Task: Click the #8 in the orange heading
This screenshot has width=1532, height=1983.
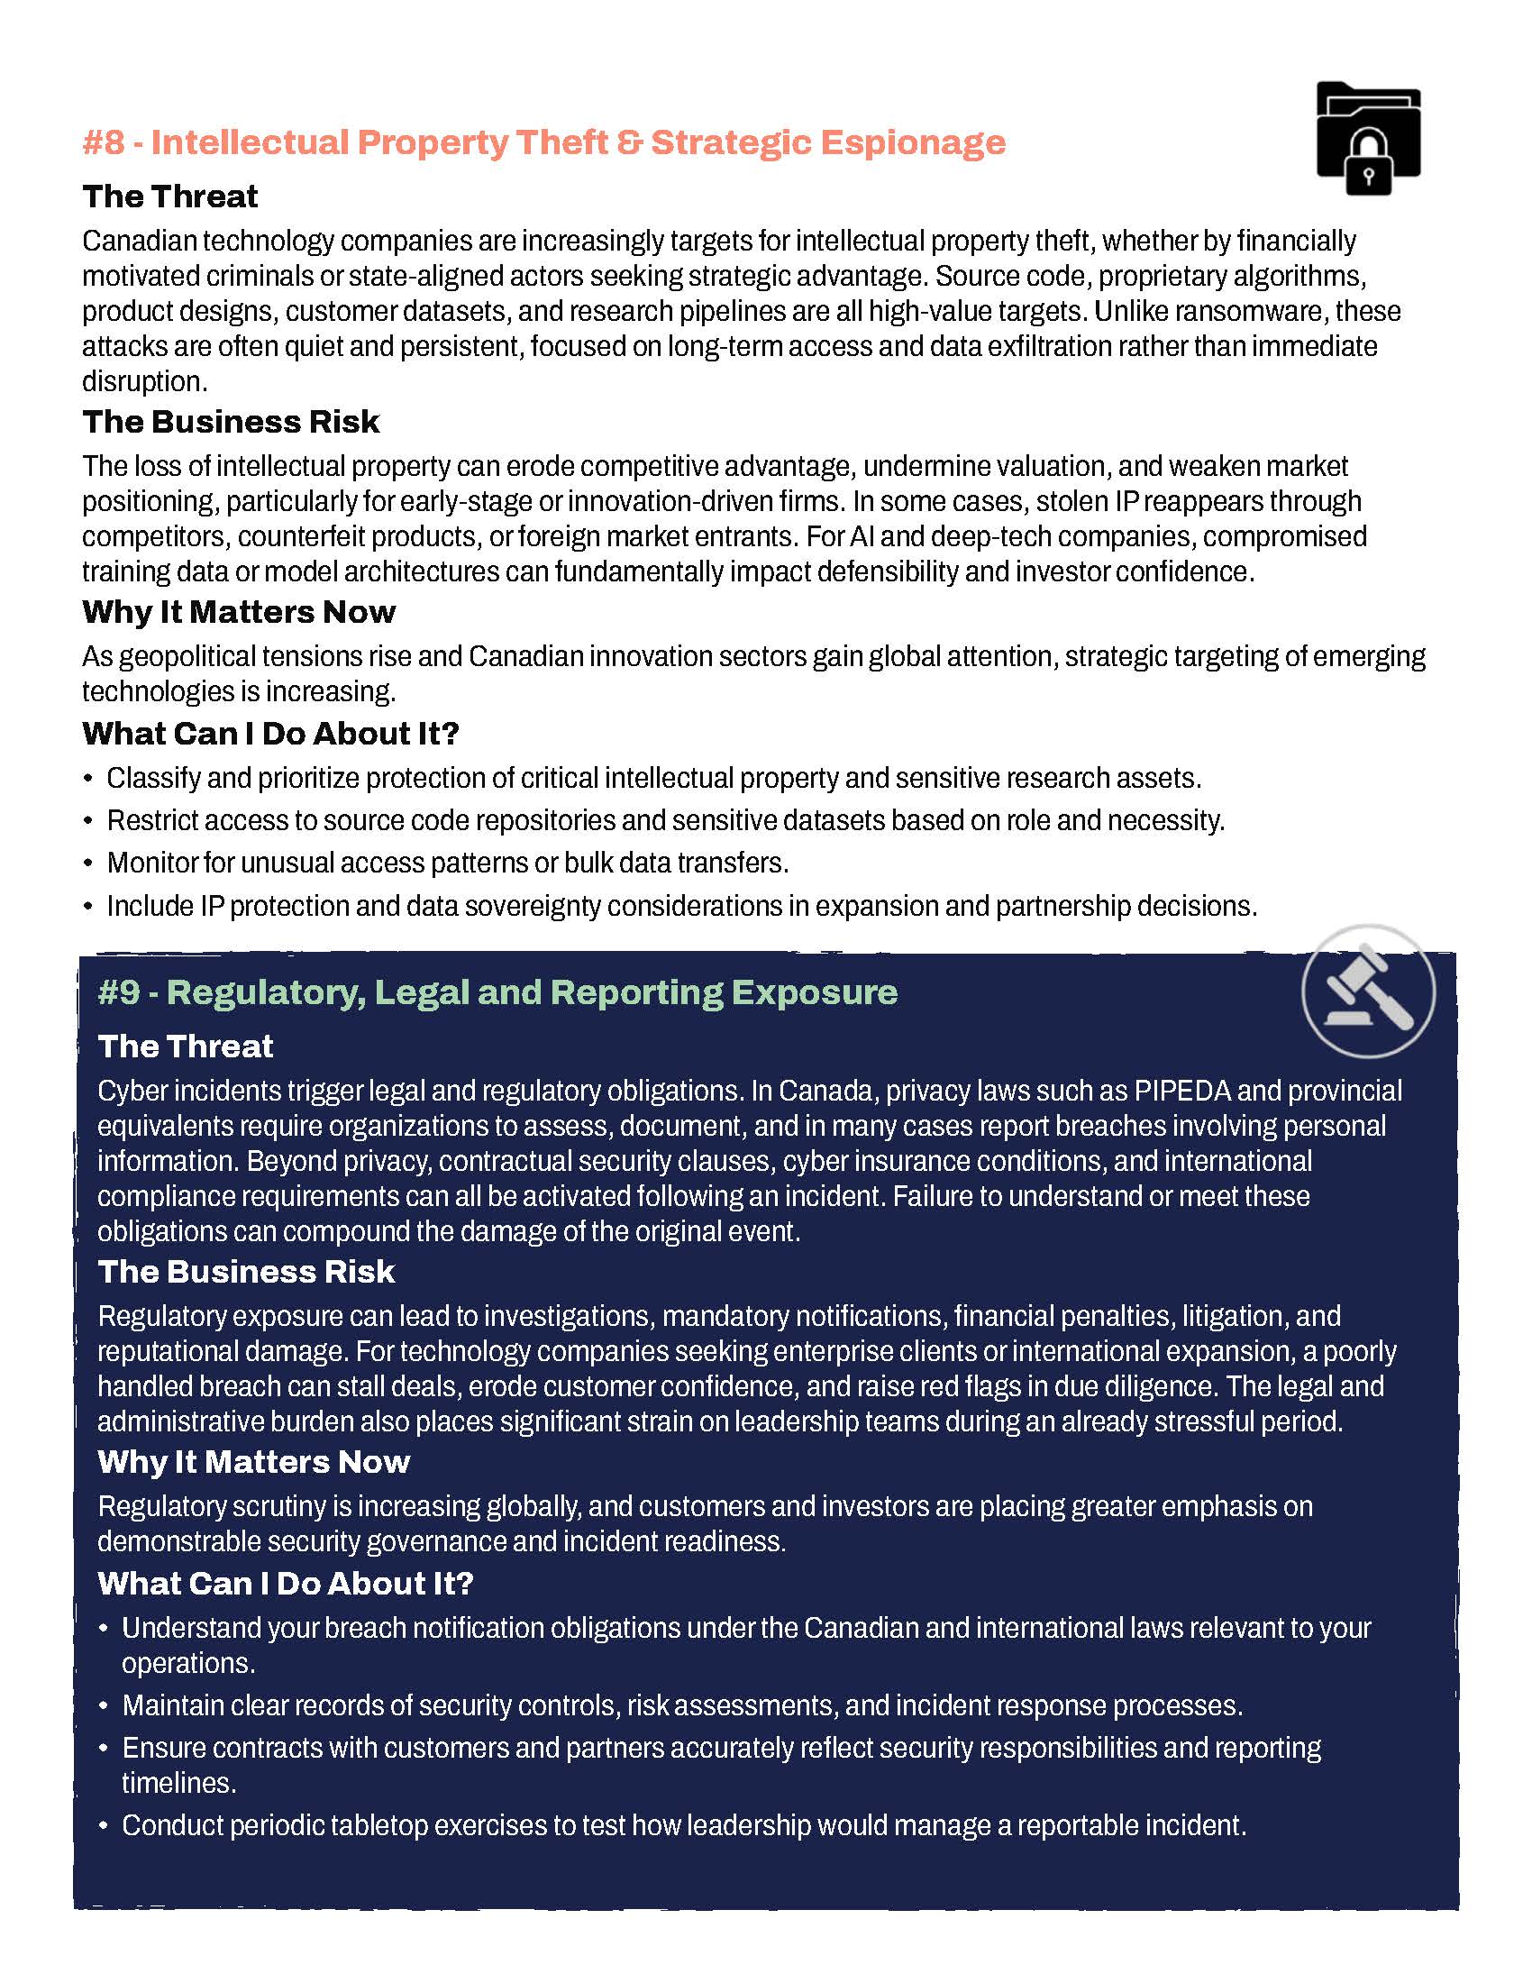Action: pyautogui.click(x=103, y=142)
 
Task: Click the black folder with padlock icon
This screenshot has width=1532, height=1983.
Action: pyautogui.click(x=1368, y=139)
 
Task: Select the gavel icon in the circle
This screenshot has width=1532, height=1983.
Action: pyautogui.click(x=1368, y=991)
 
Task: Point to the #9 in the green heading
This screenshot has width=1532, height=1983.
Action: pyautogui.click(x=118, y=991)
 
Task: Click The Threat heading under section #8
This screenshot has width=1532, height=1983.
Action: pyautogui.click(x=169, y=196)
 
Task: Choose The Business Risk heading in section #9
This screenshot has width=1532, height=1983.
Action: pyautogui.click(x=246, y=1272)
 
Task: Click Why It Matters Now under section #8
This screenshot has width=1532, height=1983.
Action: pyautogui.click(x=239, y=612)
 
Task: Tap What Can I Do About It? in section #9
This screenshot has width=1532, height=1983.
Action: pyautogui.click(x=286, y=1584)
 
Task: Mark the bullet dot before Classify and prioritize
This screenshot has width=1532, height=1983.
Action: pyautogui.click(x=88, y=779)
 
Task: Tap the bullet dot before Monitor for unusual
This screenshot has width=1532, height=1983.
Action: pyautogui.click(x=88, y=864)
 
